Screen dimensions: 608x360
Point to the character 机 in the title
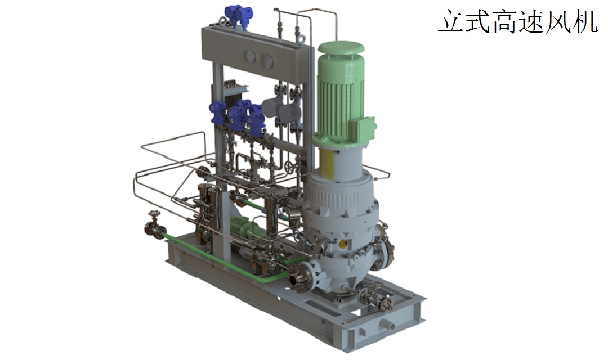[584, 21]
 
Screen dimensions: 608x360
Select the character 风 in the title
[557, 21]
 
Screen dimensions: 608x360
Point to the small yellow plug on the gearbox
[343, 244]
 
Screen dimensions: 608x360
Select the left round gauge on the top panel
[250, 57]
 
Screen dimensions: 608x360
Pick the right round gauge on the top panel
[267, 60]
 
